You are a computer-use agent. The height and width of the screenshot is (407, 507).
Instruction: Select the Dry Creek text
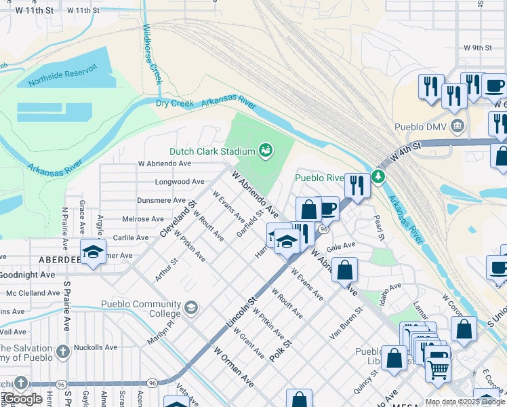175,103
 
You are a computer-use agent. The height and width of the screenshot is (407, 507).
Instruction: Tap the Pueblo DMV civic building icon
458,125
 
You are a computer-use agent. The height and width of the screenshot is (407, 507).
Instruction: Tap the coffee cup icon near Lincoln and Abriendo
327,208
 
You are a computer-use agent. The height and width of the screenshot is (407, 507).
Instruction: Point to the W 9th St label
477,47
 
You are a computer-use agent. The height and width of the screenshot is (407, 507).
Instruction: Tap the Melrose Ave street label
143,219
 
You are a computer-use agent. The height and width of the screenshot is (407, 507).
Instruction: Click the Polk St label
279,351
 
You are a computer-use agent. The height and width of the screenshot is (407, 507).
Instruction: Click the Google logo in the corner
22,399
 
